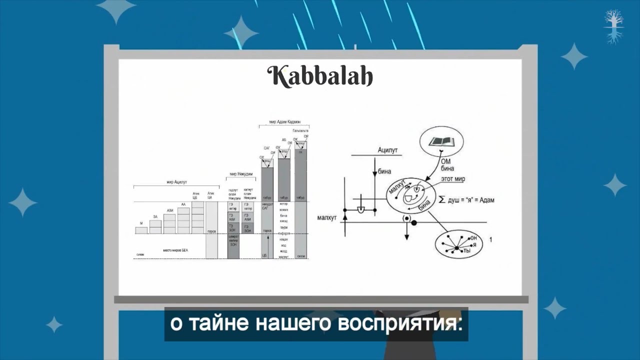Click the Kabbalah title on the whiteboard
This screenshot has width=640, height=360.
point(320,76)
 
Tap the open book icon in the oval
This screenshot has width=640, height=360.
point(441,141)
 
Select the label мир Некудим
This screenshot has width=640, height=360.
point(240,174)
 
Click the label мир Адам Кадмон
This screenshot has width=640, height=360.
point(284,122)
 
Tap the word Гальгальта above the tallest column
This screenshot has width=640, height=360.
point(300,130)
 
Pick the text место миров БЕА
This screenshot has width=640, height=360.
point(175,249)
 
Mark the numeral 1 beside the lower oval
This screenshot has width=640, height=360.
point(491,240)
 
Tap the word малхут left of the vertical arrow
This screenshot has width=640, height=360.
point(327,218)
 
